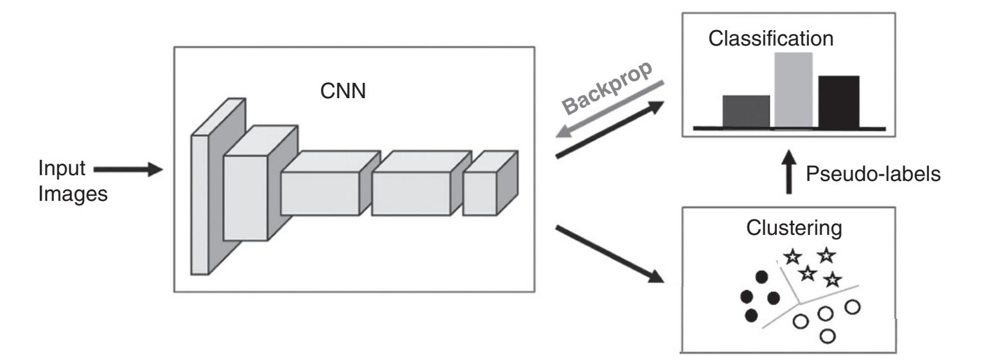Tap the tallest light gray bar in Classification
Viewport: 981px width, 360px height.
click(x=793, y=90)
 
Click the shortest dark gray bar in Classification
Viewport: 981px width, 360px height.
click(x=746, y=112)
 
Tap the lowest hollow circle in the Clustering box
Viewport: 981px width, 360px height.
click(x=828, y=335)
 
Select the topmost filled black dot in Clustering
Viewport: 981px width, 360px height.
click(x=761, y=277)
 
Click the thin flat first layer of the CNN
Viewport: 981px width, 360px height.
click(x=200, y=205)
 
